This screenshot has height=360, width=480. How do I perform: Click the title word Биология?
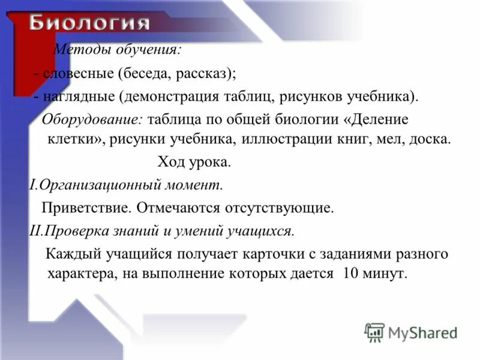(89, 24)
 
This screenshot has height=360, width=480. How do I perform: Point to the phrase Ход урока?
(194, 162)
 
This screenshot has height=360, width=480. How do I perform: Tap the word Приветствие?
(86, 208)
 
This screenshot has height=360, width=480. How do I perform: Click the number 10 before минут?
(351, 274)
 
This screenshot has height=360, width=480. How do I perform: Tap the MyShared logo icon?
(374, 332)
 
